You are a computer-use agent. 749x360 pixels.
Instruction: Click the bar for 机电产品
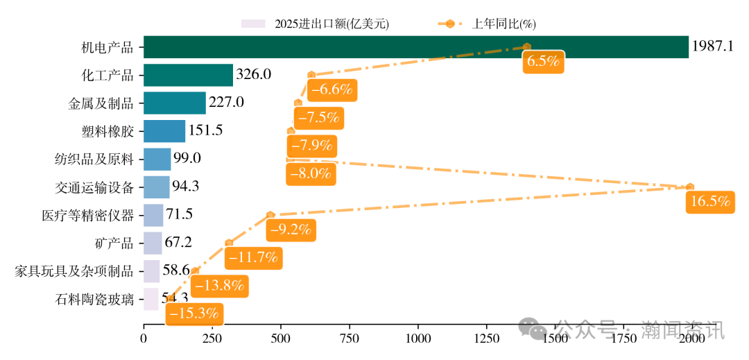416,47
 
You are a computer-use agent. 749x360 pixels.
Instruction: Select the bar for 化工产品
188,75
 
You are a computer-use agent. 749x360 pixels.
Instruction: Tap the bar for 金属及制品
175,103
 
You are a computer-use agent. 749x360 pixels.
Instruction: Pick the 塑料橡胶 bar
164,131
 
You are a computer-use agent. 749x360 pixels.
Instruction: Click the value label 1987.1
712,47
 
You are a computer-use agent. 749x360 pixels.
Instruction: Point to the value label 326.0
253,75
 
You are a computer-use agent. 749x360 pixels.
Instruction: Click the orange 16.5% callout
709,202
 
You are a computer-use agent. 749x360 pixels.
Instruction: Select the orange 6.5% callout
543,61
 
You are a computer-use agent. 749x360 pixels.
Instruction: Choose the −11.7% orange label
255,257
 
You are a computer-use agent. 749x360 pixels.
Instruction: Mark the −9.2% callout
291,229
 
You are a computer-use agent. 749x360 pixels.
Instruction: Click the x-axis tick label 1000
417,338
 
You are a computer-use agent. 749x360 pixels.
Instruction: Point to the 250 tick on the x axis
212,338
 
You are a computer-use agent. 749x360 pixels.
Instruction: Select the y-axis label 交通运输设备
94,187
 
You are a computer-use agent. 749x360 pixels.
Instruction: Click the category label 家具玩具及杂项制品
74,271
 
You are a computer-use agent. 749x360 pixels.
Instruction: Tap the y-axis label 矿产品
114,243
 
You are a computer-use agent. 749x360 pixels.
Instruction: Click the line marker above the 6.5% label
526,46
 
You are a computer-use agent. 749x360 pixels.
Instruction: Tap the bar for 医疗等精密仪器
153,215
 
